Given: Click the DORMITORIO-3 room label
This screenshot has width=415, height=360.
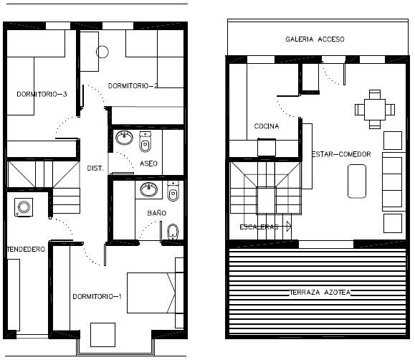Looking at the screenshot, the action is pos(42,94).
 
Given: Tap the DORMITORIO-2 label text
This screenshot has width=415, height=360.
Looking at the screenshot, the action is pos(133,86).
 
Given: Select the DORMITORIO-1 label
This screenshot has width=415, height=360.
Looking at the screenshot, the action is pos(97,296).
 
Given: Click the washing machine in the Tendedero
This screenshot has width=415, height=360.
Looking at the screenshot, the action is pos(24,207).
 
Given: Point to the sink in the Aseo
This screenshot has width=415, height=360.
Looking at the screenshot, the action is pos(124,138).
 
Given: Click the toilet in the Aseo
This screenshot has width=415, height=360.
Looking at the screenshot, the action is pos(146,142).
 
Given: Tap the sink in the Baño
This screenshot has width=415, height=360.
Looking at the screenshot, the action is pos(149,189).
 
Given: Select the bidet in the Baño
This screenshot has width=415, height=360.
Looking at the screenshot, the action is pos(173,232).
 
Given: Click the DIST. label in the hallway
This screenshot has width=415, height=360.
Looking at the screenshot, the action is pos(95,169).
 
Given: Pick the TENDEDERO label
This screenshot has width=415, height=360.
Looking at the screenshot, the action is pos(26,250).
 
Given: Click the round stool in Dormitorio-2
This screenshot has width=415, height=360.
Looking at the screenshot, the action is pos(102,52).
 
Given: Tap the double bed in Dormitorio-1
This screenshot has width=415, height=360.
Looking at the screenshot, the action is pos(151,293).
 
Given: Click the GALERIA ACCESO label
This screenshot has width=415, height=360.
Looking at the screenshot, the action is pos(315,39).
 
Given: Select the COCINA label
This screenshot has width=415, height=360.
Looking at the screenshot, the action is pos(267,126).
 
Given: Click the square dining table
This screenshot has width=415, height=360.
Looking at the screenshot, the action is pos(375,110).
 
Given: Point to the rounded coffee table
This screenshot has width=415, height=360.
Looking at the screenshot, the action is pos(357,181).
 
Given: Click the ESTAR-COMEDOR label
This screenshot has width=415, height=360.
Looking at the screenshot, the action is pos(341,154).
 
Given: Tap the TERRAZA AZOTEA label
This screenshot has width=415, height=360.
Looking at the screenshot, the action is pos(320,293).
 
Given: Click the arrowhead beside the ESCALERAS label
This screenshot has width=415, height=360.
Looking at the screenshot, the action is pos(289,227).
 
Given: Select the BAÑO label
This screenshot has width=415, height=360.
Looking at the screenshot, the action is pos(157,213).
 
